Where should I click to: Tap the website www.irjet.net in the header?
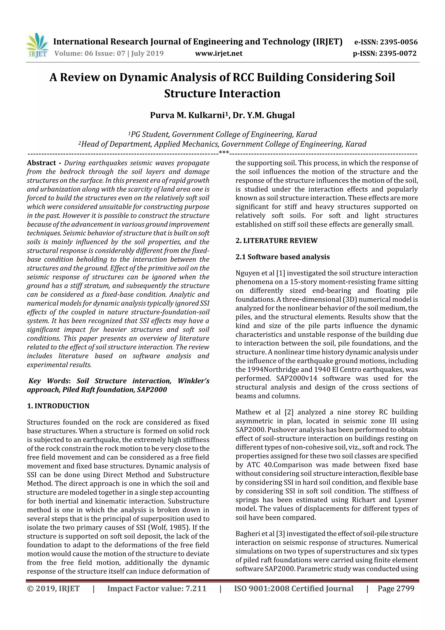219,53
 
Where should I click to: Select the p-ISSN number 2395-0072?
398,53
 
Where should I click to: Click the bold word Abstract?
42,163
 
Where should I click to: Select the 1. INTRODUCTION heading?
58,406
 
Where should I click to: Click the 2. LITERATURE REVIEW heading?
276,241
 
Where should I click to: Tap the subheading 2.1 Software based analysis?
282,257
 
